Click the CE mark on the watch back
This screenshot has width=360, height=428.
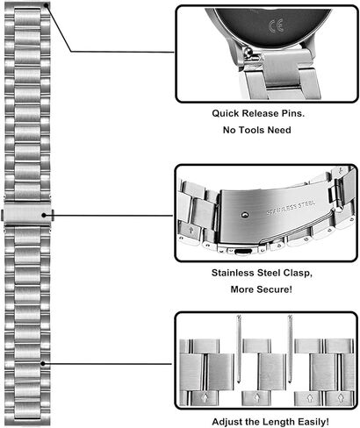276,25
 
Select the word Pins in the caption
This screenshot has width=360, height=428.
293,113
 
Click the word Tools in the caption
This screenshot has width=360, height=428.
250,130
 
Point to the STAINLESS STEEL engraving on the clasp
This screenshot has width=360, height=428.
291,207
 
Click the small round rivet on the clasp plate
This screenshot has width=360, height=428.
245,215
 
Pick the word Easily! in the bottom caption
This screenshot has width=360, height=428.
313,422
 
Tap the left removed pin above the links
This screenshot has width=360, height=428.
239,348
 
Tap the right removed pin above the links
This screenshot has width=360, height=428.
290,348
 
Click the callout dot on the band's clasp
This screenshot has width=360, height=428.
44,215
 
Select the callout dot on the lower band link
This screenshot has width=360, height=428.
43,363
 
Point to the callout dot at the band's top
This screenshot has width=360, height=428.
46,5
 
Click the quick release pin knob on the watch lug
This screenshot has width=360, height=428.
248,53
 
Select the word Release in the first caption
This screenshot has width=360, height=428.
261,113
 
